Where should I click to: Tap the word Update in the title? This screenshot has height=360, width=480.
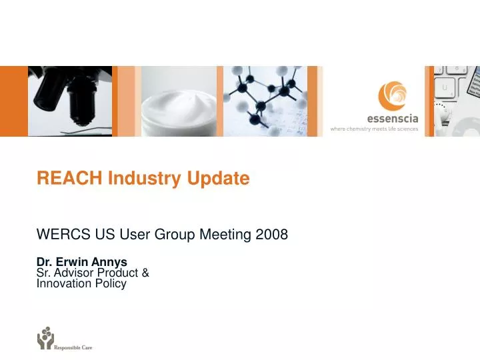click(218, 179)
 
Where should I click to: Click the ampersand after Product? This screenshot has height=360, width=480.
click(145, 273)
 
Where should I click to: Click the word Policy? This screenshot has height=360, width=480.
click(111, 283)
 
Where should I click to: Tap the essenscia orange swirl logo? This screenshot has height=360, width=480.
click(390, 95)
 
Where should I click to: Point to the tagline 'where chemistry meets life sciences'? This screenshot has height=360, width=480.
click(374, 129)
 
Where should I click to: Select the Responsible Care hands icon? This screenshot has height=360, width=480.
click(45, 338)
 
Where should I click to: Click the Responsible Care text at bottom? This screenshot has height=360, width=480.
click(73, 347)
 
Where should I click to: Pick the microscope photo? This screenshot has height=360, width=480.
click(69, 101)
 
